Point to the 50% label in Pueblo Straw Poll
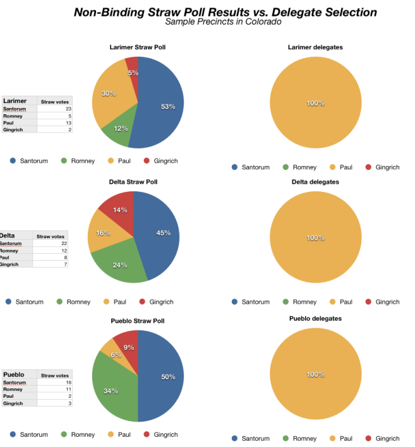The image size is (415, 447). [168, 377]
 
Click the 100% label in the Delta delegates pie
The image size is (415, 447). [316, 238]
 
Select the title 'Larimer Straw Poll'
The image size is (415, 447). [138, 47]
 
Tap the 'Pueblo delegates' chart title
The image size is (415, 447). [316, 319]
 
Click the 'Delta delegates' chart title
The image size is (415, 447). [315, 182]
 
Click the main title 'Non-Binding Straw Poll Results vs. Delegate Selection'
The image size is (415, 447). [225, 12]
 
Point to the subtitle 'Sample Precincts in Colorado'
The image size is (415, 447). [223, 22]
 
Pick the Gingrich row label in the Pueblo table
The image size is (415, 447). [13, 403]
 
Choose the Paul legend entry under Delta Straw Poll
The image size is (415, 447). [114, 302]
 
